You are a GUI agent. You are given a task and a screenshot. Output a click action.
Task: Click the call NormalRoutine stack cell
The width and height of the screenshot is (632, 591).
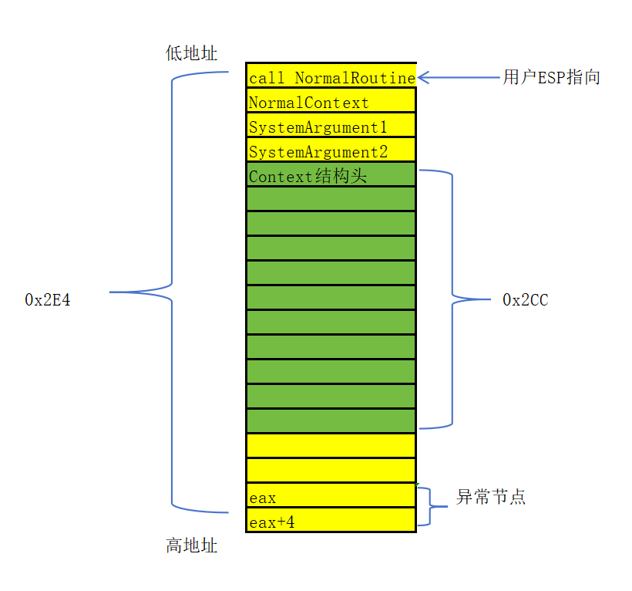(x=331, y=76)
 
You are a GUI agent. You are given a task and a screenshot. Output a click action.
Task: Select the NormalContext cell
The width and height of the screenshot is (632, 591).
(x=331, y=102)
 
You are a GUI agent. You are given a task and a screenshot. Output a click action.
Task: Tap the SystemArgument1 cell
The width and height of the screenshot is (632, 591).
(x=331, y=127)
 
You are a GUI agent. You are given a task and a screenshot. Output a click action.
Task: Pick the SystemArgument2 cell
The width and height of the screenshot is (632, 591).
(x=331, y=151)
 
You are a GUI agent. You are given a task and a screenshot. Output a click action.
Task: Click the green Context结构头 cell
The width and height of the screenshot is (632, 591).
(x=331, y=175)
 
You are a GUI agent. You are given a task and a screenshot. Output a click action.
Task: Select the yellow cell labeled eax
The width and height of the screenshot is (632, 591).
(x=331, y=497)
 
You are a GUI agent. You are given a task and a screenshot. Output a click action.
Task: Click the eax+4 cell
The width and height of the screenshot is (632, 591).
(x=331, y=522)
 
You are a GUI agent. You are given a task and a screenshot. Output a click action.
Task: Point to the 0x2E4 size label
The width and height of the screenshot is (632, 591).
(x=48, y=300)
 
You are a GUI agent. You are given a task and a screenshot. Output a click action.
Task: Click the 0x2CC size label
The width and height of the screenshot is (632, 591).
(x=526, y=300)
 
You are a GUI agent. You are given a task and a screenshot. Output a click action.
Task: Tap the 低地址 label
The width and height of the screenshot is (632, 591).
(x=192, y=52)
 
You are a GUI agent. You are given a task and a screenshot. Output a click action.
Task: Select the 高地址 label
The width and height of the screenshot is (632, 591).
(x=192, y=546)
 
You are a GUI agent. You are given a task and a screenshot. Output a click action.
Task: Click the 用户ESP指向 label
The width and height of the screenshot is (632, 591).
(x=552, y=77)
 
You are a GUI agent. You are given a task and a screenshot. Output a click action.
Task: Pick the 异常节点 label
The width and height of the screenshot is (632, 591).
(x=491, y=497)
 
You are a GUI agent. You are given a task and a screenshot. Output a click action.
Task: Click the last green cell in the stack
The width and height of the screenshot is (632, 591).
(x=331, y=420)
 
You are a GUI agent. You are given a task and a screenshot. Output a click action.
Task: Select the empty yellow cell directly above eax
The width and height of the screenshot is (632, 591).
(x=331, y=470)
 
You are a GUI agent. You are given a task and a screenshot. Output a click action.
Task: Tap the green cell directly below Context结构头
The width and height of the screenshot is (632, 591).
(x=331, y=199)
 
